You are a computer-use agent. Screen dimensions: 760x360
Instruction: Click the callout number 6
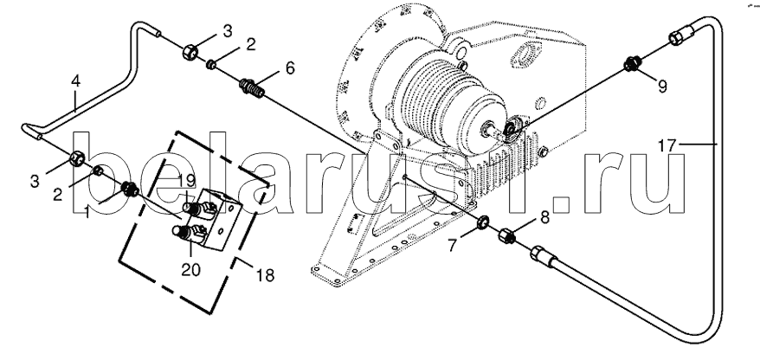pos(289,68)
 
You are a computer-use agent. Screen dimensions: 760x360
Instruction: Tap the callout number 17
pos(667,145)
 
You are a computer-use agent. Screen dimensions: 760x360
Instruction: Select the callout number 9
pos(662,87)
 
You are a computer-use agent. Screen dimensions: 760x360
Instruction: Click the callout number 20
pos(191,269)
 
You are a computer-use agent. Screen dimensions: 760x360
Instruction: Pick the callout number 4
pos(75,81)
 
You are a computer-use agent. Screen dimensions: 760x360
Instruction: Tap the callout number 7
pos(452,246)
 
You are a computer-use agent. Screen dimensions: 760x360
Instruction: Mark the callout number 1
pos(88,212)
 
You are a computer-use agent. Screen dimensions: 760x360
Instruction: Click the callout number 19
pos(184,179)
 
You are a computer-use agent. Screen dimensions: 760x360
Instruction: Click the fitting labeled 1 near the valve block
pos(129,188)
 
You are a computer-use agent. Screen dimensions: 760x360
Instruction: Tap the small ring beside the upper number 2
pos(212,63)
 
